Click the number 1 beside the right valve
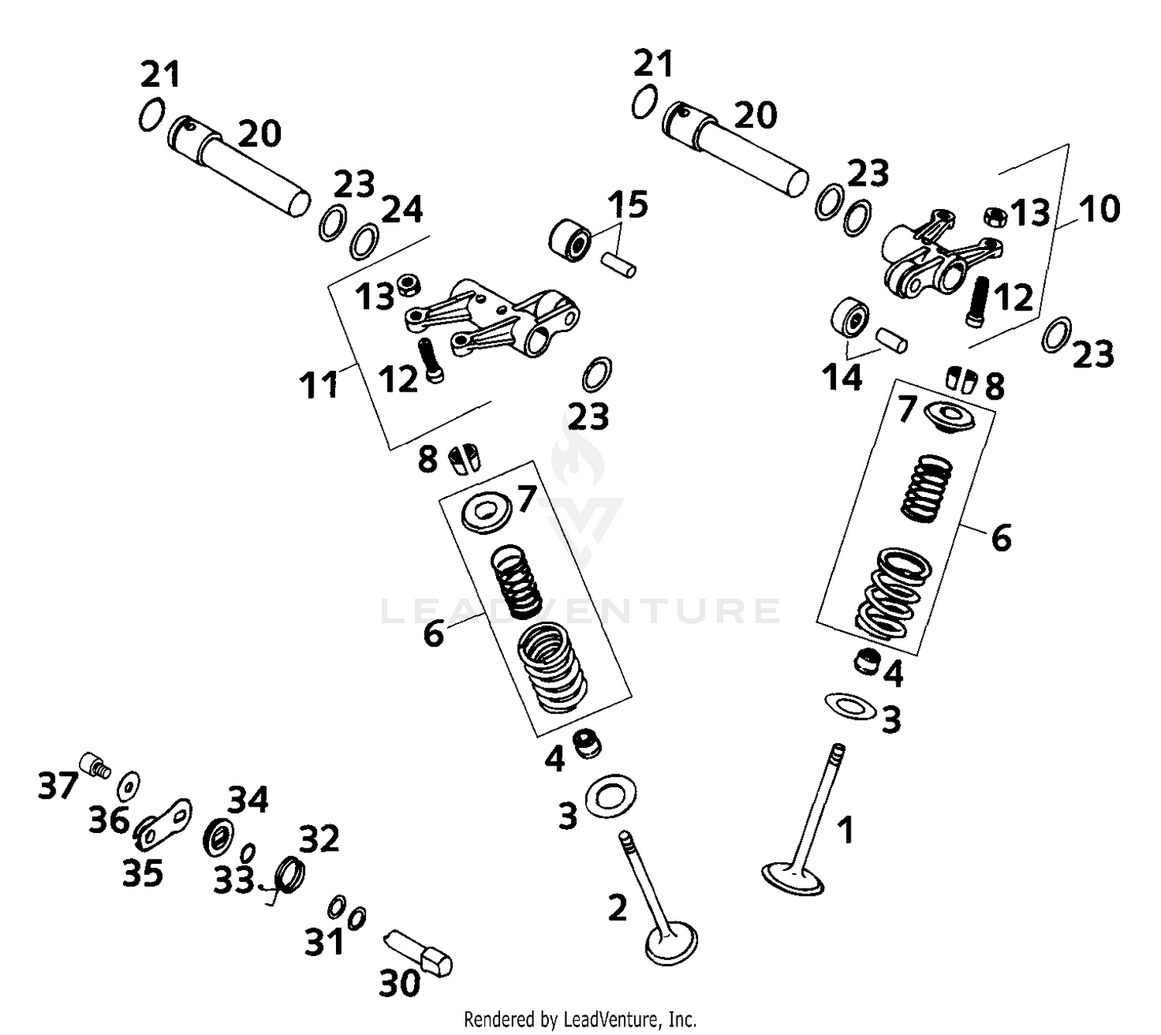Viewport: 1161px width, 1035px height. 847,830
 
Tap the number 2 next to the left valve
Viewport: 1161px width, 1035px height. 617,907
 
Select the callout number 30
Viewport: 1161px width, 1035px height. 399,983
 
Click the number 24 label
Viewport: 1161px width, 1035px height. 402,210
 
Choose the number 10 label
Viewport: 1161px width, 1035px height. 1098,209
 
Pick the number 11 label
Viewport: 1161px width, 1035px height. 319,384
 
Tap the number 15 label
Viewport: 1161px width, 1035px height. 627,205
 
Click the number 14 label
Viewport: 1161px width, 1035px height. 841,378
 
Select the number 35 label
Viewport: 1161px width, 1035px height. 142,873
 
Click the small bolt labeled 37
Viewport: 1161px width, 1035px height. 95,764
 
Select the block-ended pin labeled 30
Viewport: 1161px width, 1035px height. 419,951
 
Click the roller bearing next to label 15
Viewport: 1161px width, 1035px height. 570,240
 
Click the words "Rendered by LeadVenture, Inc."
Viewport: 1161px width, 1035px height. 580,1019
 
